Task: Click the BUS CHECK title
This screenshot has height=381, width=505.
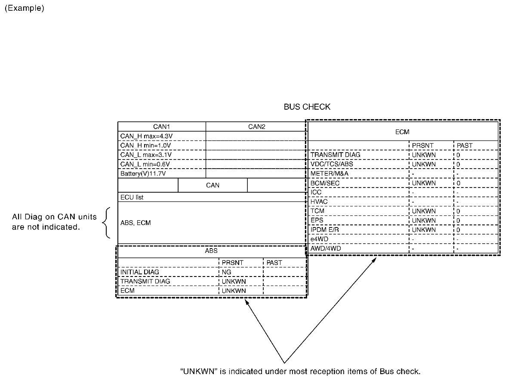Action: [307, 107]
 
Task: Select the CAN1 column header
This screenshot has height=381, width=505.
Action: [162, 127]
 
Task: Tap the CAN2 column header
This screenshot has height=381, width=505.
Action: [256, 127]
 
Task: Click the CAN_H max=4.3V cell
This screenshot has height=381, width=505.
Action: [144, 136]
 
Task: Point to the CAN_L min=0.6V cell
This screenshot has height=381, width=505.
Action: [145, 164]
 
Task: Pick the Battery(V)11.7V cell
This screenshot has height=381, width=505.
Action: [143, 174]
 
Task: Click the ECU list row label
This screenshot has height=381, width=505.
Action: [132, 197]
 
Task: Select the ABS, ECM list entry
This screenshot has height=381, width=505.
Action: [135, 223]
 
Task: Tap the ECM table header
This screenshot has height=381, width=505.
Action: [402, 132]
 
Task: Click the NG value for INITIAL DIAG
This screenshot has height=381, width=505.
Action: [226, 272]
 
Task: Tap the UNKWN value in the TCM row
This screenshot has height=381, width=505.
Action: [424, 211]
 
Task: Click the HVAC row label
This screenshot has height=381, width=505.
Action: [319, 202]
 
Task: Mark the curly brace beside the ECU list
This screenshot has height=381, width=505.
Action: [105, 222]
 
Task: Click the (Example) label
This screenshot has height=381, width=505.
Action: [24, 9]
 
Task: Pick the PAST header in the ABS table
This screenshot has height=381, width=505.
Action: [274, 263]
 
